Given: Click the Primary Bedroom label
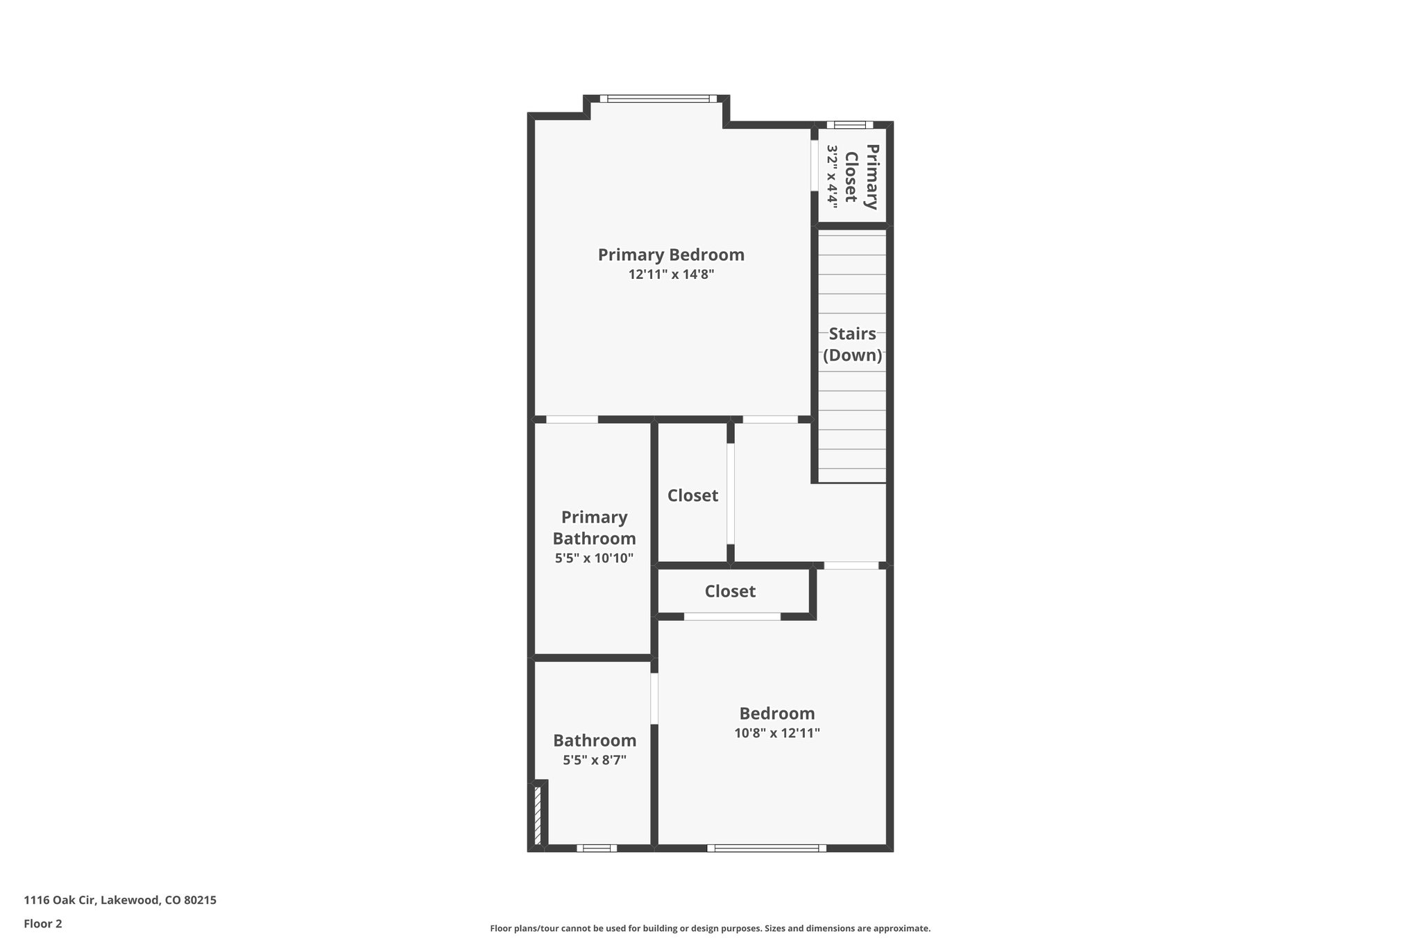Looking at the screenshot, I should point(671,255).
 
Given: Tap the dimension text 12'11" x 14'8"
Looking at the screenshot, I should point(671,275).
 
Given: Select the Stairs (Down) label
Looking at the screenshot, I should point(852,345).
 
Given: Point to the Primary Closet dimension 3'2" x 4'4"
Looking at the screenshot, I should point(833,176).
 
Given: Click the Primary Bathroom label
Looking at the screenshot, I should point(594,528).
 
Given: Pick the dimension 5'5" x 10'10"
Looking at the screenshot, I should point(594,558).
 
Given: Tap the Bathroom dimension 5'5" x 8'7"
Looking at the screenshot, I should point(595,760).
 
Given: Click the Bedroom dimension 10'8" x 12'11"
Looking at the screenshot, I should point(777,733).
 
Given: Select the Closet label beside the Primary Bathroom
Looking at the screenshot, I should point(692,495).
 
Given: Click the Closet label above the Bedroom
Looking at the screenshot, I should point(730,591).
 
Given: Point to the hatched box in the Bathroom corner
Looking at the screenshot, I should point(538,814).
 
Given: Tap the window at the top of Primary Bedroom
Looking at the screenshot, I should point(658,99).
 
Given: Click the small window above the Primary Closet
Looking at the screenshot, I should point(849,125).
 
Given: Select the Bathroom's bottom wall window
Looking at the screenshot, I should point(596,848).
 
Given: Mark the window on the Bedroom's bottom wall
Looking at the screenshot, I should point(767,848).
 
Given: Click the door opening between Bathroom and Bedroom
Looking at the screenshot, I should point(654,699).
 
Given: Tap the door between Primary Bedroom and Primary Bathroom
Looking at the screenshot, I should point(572,419).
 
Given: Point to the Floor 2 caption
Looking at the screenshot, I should point(43,923).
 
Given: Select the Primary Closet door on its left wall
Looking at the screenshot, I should point(814,166).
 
